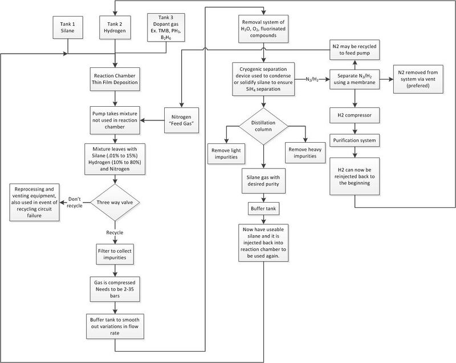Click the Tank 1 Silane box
tap(68, 27)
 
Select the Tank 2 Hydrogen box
tap(115, 27)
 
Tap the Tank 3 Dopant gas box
tap(166, 27)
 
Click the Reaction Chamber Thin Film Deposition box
tap(115, 79)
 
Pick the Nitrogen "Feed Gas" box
tap(181, 120)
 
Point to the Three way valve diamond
tap(115, 202)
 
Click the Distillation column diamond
tap(263, 126)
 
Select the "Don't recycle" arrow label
tap(75, 202)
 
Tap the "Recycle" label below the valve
tap(115, 233)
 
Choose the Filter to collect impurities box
tap(115, 254)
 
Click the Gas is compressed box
tap(115, 289)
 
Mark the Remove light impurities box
tap(226, 154)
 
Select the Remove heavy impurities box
tap(305, 152)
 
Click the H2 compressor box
tap(355, 115)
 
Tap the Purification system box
tap(355, 140)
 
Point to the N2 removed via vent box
tap(418, 79)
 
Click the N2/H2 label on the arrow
tap(312, 79)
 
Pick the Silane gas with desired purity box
tap(263, 181)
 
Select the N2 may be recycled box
tap(355, 50)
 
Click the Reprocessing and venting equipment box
tap(34, 202)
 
